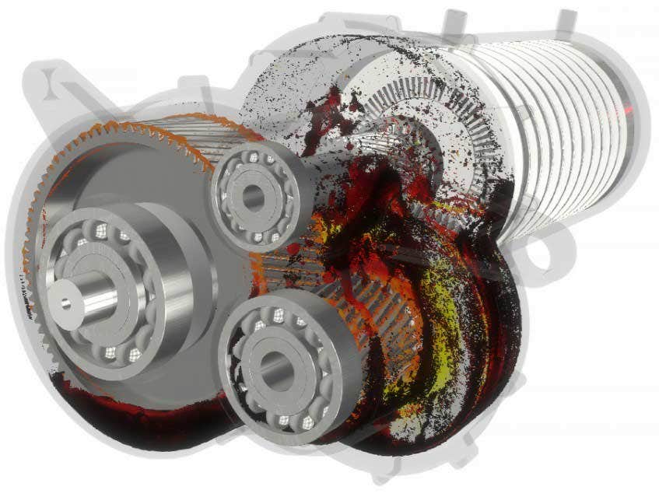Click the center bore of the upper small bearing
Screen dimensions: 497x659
click(254, 197)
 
